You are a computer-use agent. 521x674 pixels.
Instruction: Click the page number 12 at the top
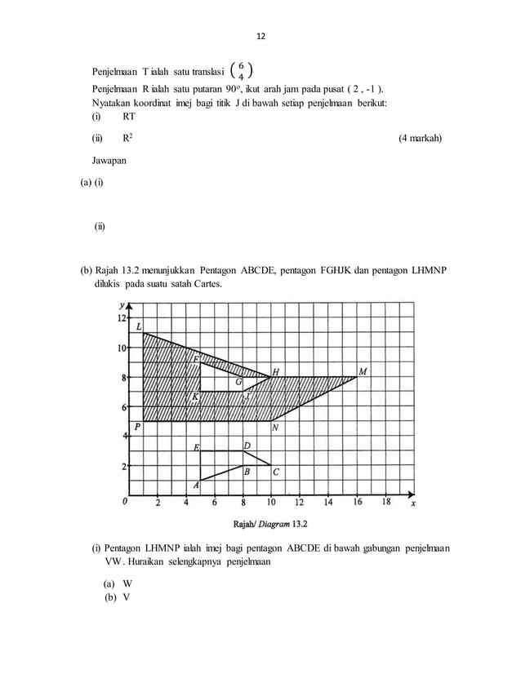tap(261, 37)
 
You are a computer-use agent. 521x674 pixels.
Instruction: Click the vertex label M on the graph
tap(363, 370)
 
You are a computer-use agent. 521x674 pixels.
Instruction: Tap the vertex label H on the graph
tap(276, 371)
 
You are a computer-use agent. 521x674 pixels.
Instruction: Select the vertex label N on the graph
tap(276, 428)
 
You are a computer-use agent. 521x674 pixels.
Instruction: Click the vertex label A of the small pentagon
tap(196, 485)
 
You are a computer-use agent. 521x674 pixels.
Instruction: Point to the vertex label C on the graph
tap(276, 472)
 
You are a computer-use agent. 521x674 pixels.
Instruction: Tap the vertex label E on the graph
tap(196, 447)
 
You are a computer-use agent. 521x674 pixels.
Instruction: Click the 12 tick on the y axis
tap(122, 317)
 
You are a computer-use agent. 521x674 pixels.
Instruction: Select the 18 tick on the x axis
tap(385, 503)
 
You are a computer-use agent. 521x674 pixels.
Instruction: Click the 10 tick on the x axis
tap(270, 503)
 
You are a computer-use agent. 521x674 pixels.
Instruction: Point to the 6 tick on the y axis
tap(123, 407)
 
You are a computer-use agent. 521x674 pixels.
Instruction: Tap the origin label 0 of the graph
tap(125, 502)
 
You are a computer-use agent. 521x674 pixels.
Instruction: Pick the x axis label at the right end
tap(414, 503)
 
